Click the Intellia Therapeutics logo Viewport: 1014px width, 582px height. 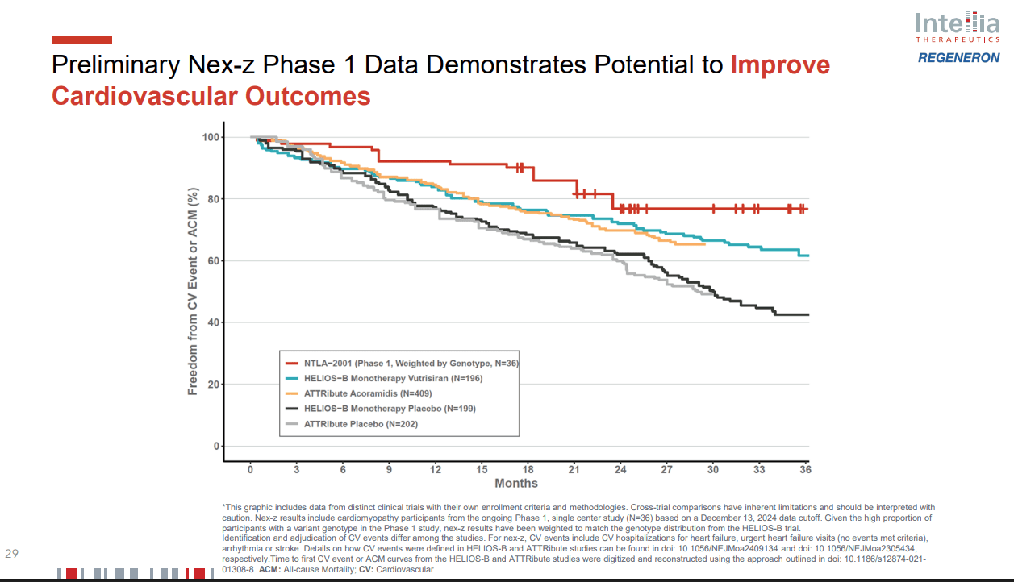coord(958,29)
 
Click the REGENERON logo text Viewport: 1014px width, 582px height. coord(958,58)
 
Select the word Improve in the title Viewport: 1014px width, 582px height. coord(780,64)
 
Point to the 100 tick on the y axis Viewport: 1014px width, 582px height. coord(210,137)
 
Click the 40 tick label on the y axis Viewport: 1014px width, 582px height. coord(212,322)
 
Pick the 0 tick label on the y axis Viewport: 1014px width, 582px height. coord(216,446)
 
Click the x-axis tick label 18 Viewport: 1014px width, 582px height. coord(528,469)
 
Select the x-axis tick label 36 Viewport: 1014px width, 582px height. coord(804,469)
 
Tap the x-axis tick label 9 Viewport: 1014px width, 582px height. coord(390,469)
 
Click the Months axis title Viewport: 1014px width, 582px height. coord(516,484)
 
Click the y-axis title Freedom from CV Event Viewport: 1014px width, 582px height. coord(193,292)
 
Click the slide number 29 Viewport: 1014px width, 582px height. coord(12,554)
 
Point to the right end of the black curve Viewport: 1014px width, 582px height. coord(807,314)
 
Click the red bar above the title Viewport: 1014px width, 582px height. coord(81,40)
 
